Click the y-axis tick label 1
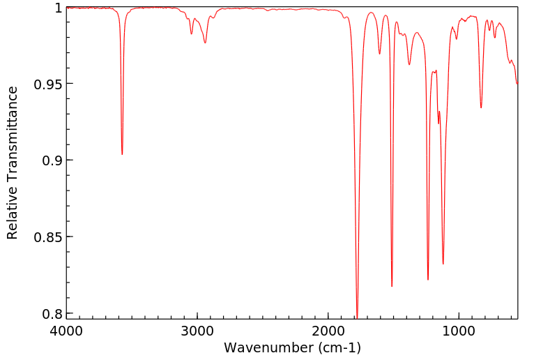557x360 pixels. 57,8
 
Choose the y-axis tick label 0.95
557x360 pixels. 47,84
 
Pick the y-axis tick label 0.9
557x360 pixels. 52,160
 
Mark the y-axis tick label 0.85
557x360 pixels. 47,237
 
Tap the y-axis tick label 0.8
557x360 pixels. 52,313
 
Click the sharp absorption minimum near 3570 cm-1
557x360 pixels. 122,154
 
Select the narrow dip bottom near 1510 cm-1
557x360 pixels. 392,286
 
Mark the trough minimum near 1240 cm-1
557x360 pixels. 428,280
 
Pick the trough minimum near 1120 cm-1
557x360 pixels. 443,264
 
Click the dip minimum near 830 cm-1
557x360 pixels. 481,107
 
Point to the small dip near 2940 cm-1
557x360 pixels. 205,43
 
